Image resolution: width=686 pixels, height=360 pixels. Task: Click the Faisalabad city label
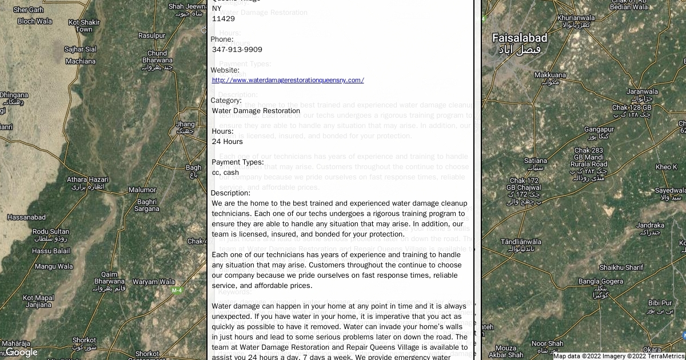pyautogui.click(x=520, y=38)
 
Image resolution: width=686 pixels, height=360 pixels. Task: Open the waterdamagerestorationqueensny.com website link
pyautogui.click(x=288, y=80)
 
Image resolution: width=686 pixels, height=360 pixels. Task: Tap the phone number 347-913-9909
pyautogui.click(x=237, y=50)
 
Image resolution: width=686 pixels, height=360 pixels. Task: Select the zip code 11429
pyautogui.click(x=223, y=19)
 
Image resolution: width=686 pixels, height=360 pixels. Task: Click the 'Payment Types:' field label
pyautogui.click(x=237, y=162)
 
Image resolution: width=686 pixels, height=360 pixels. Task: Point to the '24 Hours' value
pyautogui.click(x=227, y=142)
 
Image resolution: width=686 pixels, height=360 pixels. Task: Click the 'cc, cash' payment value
pyautogui.click(x=225, y=173)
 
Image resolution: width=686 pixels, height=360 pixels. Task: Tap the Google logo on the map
pyautogui.click(x=22, y=352)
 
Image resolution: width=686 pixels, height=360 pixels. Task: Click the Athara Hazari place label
pyautogui.click(x=87, y=179)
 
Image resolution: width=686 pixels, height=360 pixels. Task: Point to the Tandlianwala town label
pyautogui.click(x=520, y=242)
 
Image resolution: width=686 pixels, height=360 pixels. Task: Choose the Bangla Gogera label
pyautogui.click(x=600, y=281)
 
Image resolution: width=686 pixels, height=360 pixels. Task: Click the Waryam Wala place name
pyautogui.click(x=154, y=282)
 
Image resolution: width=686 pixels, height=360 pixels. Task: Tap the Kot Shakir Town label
pyautogui.click(x=84, y=26)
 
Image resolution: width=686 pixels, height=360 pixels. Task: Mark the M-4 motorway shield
pyautogui.click(x=177, y=290)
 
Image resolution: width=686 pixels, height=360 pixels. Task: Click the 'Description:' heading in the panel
pyautogui.click(x=230, y=193)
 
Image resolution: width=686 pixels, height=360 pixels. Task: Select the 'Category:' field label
pyautogui.click(x=226, y=101)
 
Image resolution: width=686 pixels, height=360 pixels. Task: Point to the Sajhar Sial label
pyautogui.click(x=81, y=49)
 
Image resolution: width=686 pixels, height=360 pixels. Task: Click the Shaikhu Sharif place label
pyautogui.click(x=621, y=267)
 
